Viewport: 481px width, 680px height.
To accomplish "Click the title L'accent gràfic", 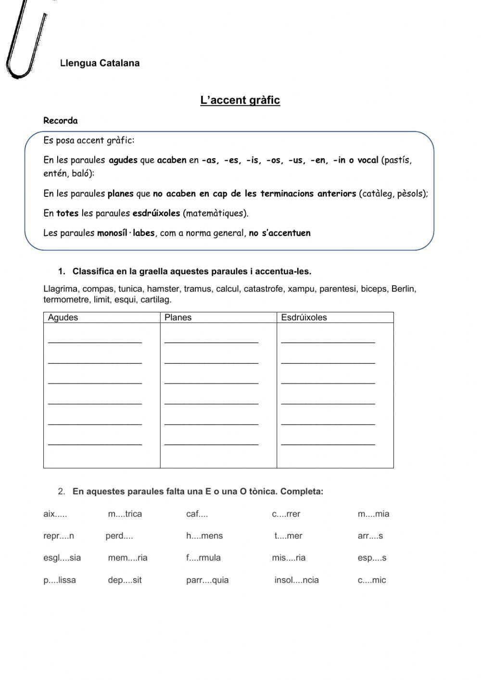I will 240,101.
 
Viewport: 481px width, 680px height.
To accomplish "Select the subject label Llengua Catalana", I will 100,63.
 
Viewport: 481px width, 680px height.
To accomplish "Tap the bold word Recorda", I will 60,121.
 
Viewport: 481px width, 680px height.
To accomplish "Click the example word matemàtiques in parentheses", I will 215,213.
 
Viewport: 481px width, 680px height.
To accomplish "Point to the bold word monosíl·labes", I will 126,233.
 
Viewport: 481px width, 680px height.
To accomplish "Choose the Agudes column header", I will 63,318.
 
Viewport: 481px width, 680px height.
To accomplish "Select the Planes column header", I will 178,318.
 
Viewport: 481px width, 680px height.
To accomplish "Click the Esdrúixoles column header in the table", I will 304,318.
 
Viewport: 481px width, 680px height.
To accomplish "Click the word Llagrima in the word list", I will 61,289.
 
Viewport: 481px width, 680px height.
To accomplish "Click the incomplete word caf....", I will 197,514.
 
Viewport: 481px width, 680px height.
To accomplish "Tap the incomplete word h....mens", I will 204,536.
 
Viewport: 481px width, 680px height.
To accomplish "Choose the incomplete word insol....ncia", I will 296,580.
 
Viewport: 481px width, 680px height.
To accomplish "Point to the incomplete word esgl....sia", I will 62,558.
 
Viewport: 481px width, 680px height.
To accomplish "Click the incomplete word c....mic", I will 372,580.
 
